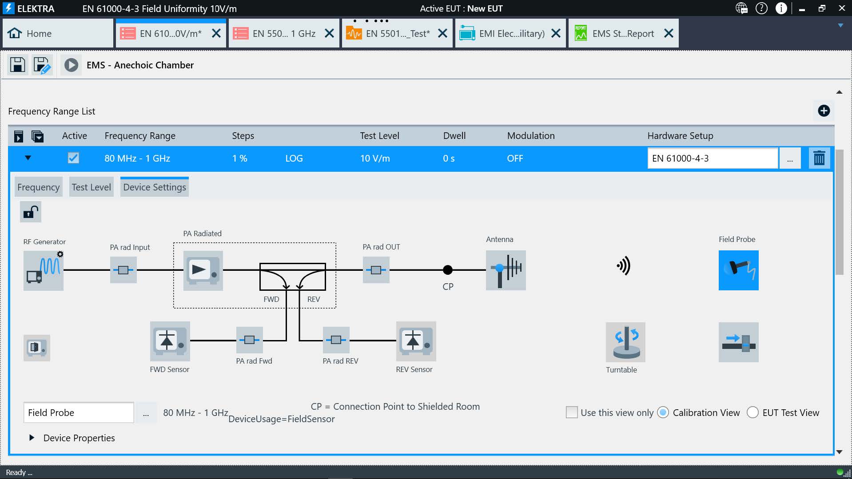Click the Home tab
(58, 33)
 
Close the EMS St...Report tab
(669, 33)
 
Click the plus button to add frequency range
(824, 111)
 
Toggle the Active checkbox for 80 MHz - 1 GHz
(73, 158)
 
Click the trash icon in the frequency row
(819, 158)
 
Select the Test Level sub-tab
(91, 187)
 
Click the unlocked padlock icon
(31, 212)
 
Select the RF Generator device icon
(44, 270)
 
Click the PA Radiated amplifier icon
(203, 270)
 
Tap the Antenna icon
(506, 270)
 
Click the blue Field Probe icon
(739, 270)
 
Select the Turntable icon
(625, 342)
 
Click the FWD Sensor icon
(170, 341)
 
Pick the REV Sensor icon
(416, 341)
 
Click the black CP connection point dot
(448, 269)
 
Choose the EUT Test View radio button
(752, 412)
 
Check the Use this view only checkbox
(572, 412)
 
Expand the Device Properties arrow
(32, 438)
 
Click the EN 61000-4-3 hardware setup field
(713, 158)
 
